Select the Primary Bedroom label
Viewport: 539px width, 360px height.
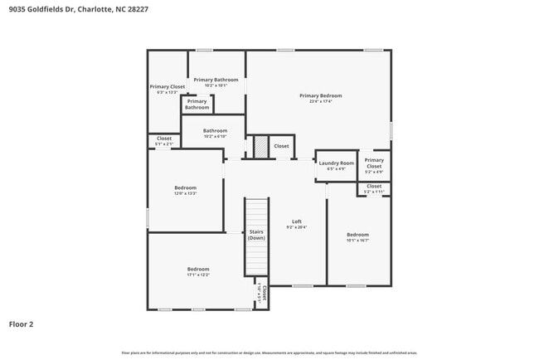point(320,95)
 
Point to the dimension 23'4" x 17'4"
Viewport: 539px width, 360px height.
point(320,101)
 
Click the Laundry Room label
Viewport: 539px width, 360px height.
point(336,163)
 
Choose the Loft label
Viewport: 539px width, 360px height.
point(296,221)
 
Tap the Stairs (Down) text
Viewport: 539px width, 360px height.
point(256,235)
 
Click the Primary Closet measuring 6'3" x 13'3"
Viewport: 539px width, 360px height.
point(167,86)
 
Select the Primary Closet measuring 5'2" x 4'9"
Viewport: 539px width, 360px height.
point(374,163)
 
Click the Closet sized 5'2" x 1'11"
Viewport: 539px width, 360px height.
point(374,187)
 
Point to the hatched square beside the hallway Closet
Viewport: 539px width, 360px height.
point(260,146)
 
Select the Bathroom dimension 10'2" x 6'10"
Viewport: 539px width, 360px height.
point(215,136)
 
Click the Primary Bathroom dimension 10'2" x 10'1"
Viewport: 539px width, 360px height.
point(216,85)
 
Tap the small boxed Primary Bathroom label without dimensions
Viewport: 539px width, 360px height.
point(197,105)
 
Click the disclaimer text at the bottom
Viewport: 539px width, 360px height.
point(269,353)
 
